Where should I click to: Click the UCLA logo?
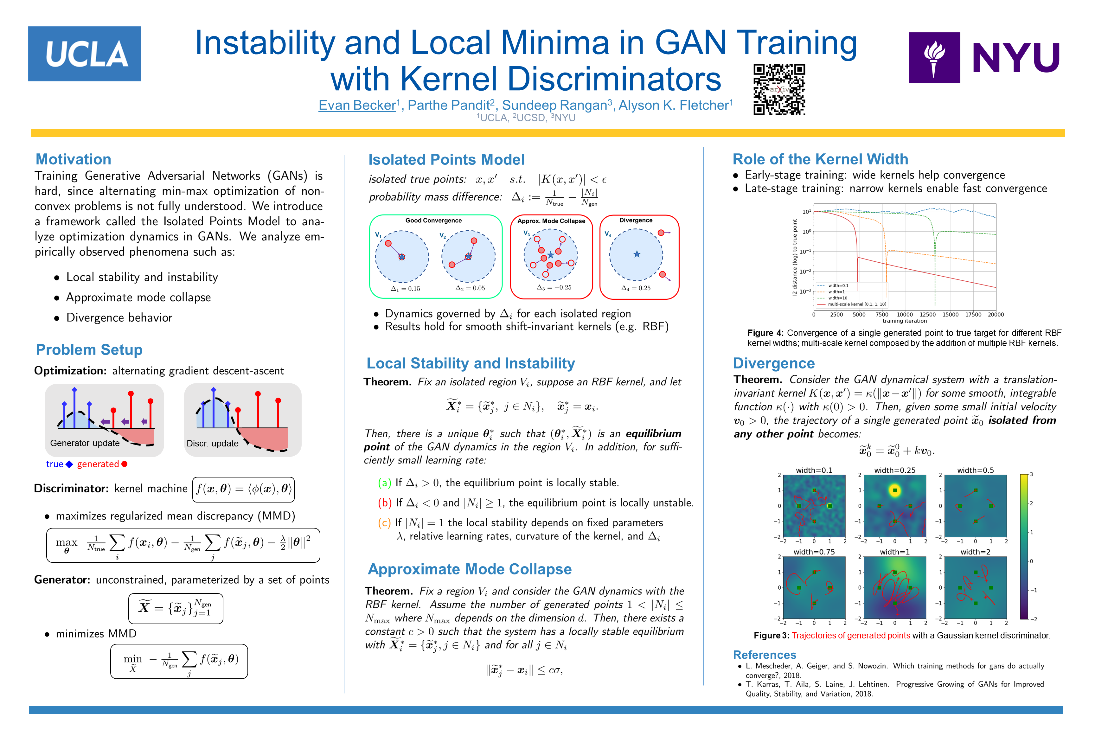tap(84, 54)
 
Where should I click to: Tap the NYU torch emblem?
tap(934, 58)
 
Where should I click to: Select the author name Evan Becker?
tap(357, 105)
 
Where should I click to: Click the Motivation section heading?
tap(74, 159)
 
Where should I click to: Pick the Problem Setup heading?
tap(89, 350)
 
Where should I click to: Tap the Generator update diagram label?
tap(85, 443)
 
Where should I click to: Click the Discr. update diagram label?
tap(212, 444)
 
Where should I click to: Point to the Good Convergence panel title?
tap(433, 221)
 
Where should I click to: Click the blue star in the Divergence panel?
tap(637, 254)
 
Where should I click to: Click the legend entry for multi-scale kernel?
tap(857, 304)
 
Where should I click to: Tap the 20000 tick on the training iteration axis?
tap(996, 315)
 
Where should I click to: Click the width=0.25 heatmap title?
tap(894, 470)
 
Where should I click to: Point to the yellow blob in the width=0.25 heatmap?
tap(894, 490)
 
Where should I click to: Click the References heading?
tap(765, 655)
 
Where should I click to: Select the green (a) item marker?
tap(384, 483)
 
